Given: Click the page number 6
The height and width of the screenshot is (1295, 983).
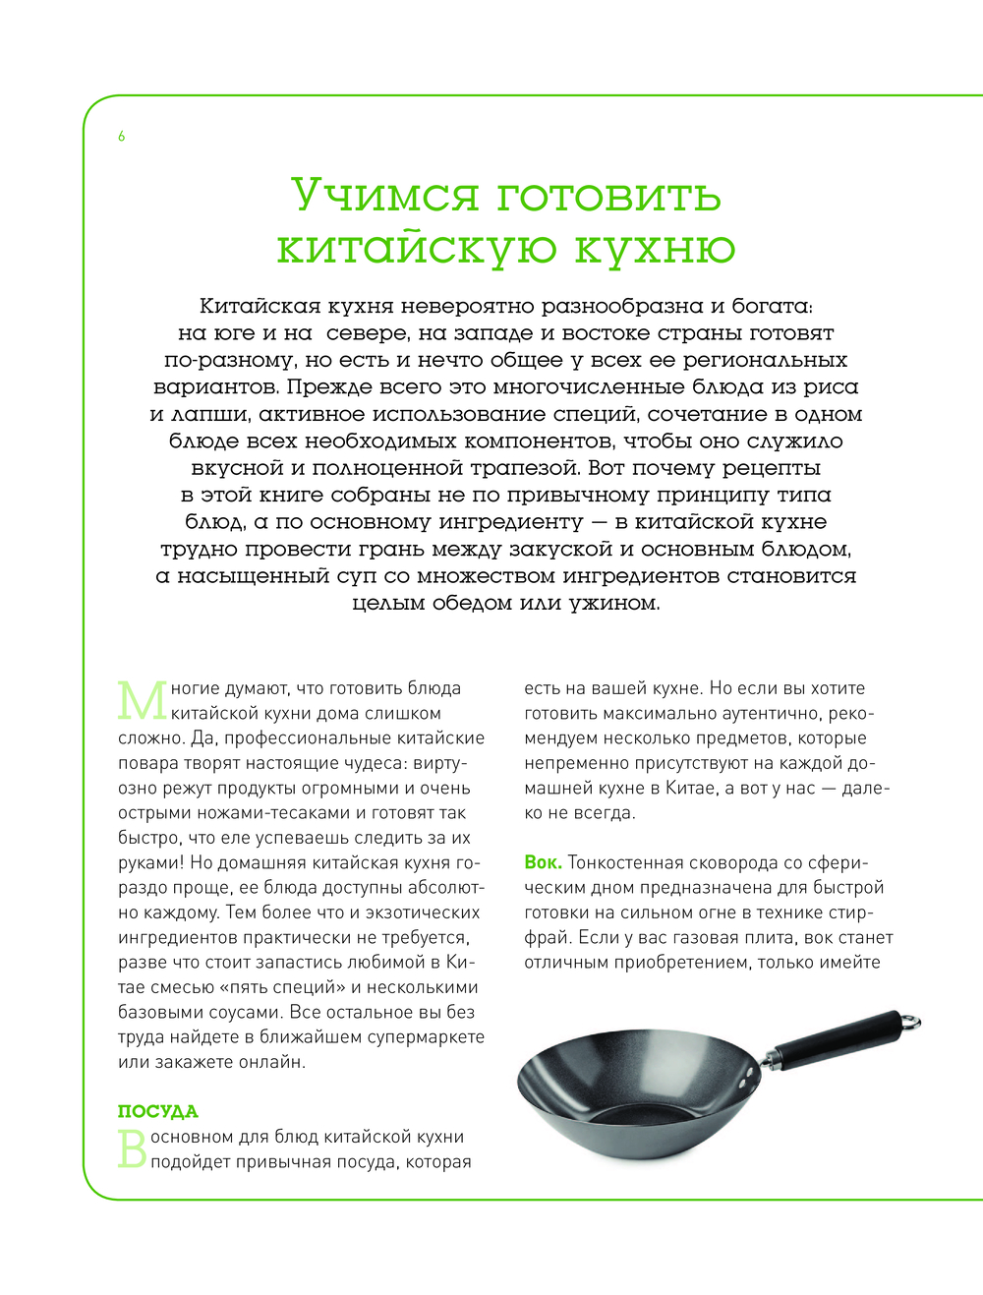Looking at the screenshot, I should pyautogui.click(x=122, y=137).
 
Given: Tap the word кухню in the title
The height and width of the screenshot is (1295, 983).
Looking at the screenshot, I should pyautogui.click(x=654, y=247).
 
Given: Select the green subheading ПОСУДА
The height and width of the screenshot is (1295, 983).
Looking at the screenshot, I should pyautogui.click(x=158, y=1111).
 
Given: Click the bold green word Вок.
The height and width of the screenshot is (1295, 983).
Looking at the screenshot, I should pyautogui.click(x=543, y=862).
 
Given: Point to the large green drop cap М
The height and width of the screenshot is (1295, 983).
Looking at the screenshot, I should pyautogui.click(x=143, y=700).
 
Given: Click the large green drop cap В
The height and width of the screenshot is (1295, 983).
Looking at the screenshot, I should pyautogui.click(x=132, y=1148).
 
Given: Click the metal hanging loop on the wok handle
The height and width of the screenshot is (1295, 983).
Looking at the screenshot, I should pyautogui.click(x=913, y=1020).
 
